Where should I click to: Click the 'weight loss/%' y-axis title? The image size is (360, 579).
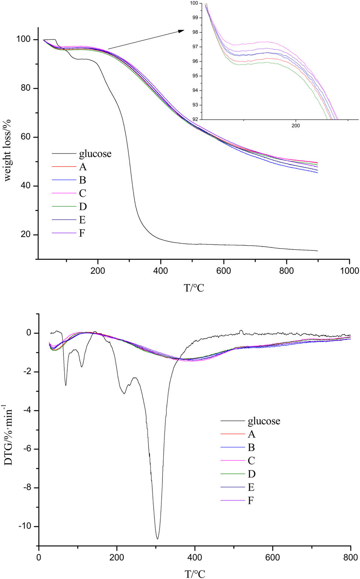click(x=8, y=150)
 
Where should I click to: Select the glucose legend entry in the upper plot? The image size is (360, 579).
click(x=95, y=154)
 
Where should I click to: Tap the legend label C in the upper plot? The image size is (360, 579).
click(x=83, y=193)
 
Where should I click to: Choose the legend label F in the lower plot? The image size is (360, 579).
click(x=251, y=501)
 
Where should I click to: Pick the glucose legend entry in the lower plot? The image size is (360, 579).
click(x=264, y=421)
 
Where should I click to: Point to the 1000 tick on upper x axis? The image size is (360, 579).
click(x=349, y=271)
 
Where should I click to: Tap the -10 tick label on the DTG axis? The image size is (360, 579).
click(x=28, y=526)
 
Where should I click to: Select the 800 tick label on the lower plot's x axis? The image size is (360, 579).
click(x=350, y=557)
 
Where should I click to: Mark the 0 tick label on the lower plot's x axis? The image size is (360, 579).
click(x=39, y=557)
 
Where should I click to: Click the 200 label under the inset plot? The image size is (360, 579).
click(x=295, y=126)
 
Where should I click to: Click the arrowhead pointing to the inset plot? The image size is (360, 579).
click(x=181, y=31)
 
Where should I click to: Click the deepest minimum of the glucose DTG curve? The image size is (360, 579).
click(x=157, y=539)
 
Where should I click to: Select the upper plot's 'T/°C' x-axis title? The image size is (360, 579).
click(x=194, y=288)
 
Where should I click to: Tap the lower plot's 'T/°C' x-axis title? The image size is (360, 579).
click(x=195, y=573)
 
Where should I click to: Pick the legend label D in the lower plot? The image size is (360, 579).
click(x=251, y=474)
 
